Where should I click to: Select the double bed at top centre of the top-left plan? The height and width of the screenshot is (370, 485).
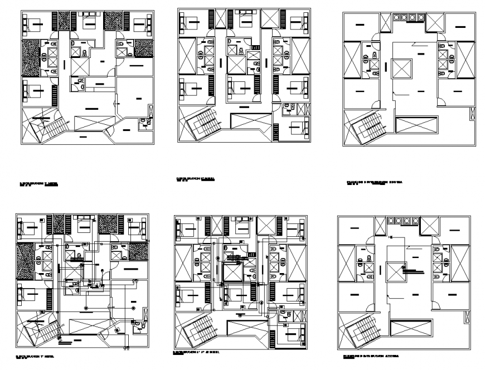tap(89, 22)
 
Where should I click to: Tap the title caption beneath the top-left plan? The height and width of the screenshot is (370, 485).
tap(38, 183)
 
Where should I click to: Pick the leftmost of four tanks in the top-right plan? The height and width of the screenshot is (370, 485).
tap(396, 17)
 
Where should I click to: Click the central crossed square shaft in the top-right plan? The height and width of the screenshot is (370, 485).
tap(401, 69)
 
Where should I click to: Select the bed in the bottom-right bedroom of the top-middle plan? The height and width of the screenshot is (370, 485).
tap(294, 126)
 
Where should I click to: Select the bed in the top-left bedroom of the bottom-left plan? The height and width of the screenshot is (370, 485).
tap(30, 228)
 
